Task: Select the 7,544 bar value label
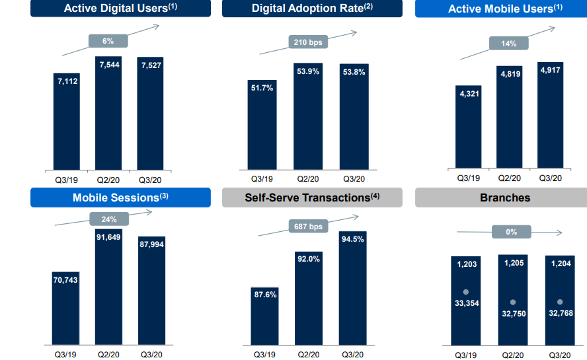coord(109,64)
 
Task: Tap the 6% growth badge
coord(108,41)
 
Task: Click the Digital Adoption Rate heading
coord(312,9)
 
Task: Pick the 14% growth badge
coord(508,44)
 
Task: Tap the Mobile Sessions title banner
coord(120,198)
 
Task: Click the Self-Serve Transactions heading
coord(312,198)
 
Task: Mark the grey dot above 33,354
coord(465,291)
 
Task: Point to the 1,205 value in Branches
coord(513,263)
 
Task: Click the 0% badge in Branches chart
coord(511,232)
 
